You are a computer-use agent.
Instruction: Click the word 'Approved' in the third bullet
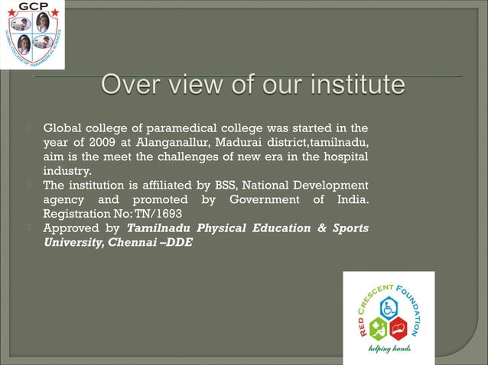click(x=70, y=228)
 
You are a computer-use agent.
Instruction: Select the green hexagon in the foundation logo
click(x=379, y=328)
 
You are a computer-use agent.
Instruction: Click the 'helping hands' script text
click(x=390, y=350)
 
